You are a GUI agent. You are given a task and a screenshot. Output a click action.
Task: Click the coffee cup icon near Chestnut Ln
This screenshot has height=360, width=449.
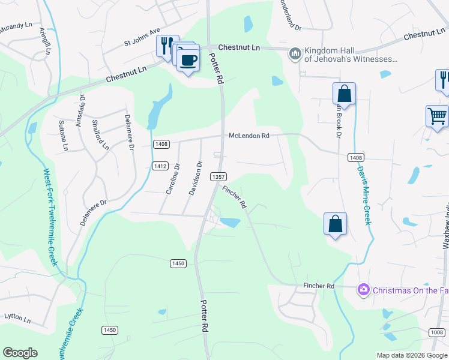188,61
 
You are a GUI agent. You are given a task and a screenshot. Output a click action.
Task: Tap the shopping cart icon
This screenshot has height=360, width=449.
437,116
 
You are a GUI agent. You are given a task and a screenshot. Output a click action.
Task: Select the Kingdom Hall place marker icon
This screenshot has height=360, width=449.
295,55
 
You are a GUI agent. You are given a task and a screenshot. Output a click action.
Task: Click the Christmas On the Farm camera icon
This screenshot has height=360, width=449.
363,290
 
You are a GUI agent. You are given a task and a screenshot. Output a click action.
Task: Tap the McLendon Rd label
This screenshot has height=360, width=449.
249,136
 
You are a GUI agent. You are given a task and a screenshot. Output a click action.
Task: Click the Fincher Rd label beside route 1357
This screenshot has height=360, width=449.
234,197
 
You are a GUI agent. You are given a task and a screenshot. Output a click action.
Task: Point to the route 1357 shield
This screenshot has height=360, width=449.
218,176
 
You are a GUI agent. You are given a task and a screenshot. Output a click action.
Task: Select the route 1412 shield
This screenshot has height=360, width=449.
160,166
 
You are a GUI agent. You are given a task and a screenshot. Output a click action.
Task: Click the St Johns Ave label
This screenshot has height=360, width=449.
142,37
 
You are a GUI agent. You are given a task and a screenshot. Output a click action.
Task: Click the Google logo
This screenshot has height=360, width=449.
20,353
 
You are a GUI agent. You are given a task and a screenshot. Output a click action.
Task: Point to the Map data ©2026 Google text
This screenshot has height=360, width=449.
412,355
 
